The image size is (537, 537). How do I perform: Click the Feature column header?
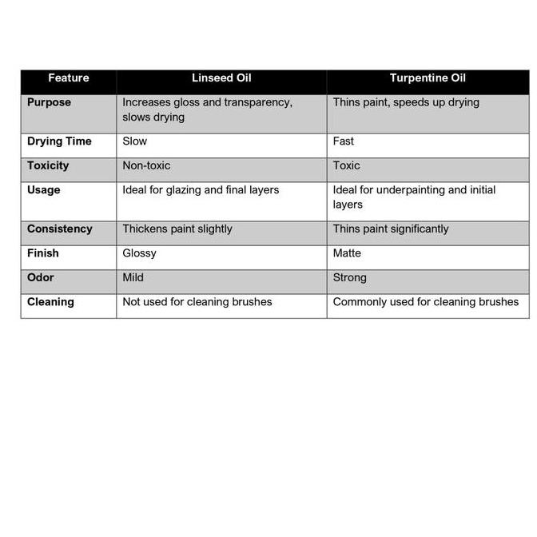(x=68, y=78)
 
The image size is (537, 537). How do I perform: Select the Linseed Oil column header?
(x=221, y=78)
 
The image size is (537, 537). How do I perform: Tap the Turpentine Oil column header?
(x=428, y=78)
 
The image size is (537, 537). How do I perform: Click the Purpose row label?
(x=49, y=102)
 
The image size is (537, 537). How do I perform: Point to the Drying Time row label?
(x=59, y=141)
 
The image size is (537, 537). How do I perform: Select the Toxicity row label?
(x=48, y=165)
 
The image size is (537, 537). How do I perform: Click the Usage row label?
(x=44, y=190)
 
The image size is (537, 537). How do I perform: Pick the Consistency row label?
(x=60, y=229)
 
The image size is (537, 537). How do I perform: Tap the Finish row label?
(x=43, y=253)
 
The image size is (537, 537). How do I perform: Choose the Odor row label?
(x=40, y=277)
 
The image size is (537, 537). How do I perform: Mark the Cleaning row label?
(x=50, y=302)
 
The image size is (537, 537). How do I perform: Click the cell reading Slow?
(x=135, y=141)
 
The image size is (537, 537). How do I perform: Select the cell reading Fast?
(x=344, y=141)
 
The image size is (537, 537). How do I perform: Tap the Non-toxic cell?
(x=146, y=165)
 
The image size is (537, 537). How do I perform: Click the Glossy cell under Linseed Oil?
(x=139, y=253)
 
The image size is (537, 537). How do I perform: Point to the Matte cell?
(x=347, y=253)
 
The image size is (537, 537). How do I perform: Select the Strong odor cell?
(x=350, y=277)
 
